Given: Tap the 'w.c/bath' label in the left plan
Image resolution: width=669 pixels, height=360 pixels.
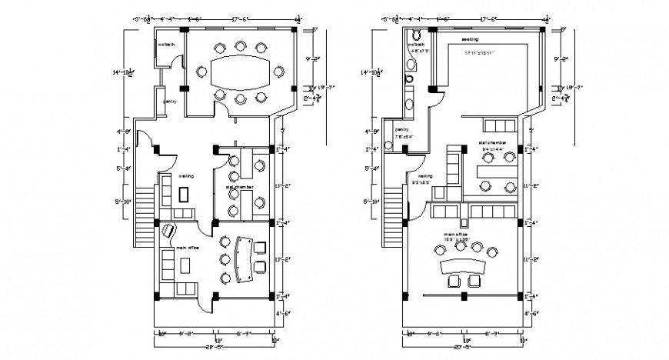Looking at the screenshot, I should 166,44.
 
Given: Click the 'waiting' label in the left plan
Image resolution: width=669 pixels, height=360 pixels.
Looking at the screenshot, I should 186,175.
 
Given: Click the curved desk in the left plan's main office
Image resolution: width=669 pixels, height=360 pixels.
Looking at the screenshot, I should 245,257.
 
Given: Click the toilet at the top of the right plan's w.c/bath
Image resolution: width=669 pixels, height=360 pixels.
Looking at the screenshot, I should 416,35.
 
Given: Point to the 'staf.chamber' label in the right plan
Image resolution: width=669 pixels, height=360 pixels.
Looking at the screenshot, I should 491,143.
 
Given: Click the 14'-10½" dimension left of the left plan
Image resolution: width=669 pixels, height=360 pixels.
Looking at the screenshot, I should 121,73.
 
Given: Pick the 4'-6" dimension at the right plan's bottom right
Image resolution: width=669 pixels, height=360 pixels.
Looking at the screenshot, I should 530,314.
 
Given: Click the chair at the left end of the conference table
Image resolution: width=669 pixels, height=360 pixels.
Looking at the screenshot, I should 201,72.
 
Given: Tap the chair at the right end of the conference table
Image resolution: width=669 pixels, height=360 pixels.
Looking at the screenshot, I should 278,72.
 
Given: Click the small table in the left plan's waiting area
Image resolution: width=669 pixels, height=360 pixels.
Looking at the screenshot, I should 182,195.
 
